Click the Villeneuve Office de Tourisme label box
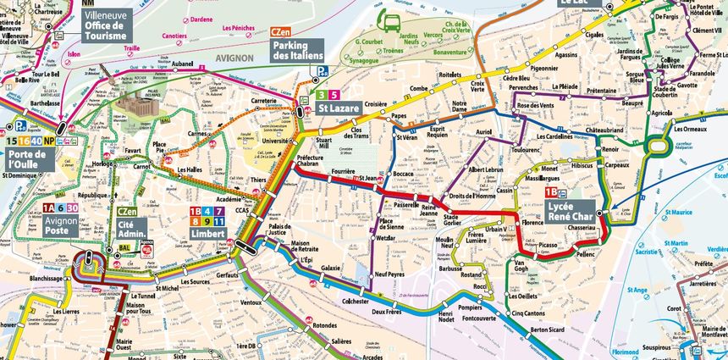pos(106,25)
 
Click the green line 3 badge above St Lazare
pos(322,95)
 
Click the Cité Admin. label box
pos(133,227)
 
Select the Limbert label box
pos(207,233)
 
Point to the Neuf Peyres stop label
pos(390,274)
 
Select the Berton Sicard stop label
pos(548,329)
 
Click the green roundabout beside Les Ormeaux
pos(657,146)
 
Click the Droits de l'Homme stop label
pos(472,197)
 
